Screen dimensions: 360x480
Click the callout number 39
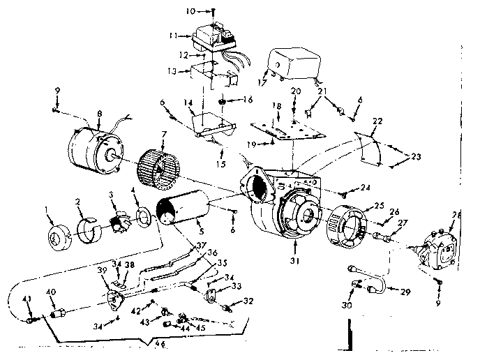tap(101, 271)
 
